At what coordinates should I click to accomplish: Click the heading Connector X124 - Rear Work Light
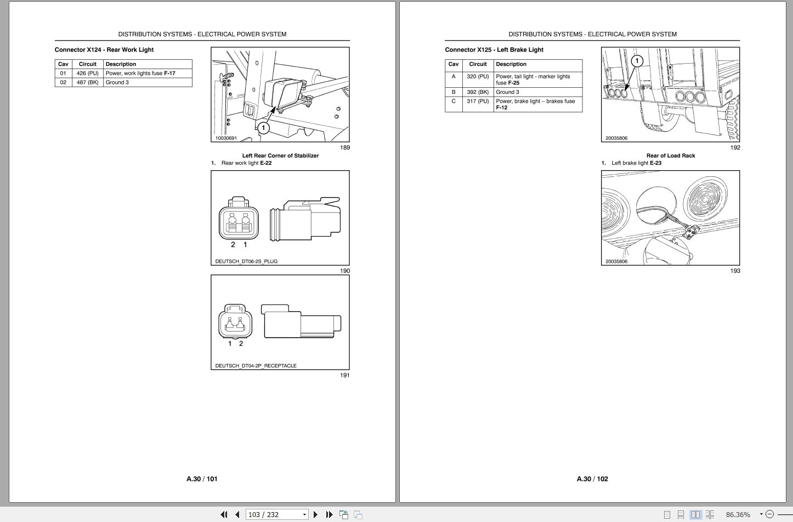coord(104,50)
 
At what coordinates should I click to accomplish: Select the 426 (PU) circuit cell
coord(87,74)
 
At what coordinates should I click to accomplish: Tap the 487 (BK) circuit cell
coord(87,83)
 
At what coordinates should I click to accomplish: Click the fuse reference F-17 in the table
coord(169,74)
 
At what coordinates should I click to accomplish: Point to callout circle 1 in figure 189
coord(263,128)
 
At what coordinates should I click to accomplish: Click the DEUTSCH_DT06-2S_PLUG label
coord(246,261)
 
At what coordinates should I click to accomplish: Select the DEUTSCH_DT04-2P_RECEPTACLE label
coord(256,366)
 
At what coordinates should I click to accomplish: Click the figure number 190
coord(344,271)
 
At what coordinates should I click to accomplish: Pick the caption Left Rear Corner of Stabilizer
coord(280,156)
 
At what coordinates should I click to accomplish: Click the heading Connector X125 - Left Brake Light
coord(494,50)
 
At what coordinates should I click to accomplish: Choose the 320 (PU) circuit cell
coord(478,77)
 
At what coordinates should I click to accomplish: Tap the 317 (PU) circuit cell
coord(478,102)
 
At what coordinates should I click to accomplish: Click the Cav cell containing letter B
coord(454,92)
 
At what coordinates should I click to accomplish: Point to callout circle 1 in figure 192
coord(636,61)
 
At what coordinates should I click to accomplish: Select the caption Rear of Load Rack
coord(671,156)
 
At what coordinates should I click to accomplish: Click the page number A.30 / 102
coord(592,479)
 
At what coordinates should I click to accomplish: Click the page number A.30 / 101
coord(202,479)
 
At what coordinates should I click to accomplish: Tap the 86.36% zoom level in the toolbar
coord(738,514)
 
